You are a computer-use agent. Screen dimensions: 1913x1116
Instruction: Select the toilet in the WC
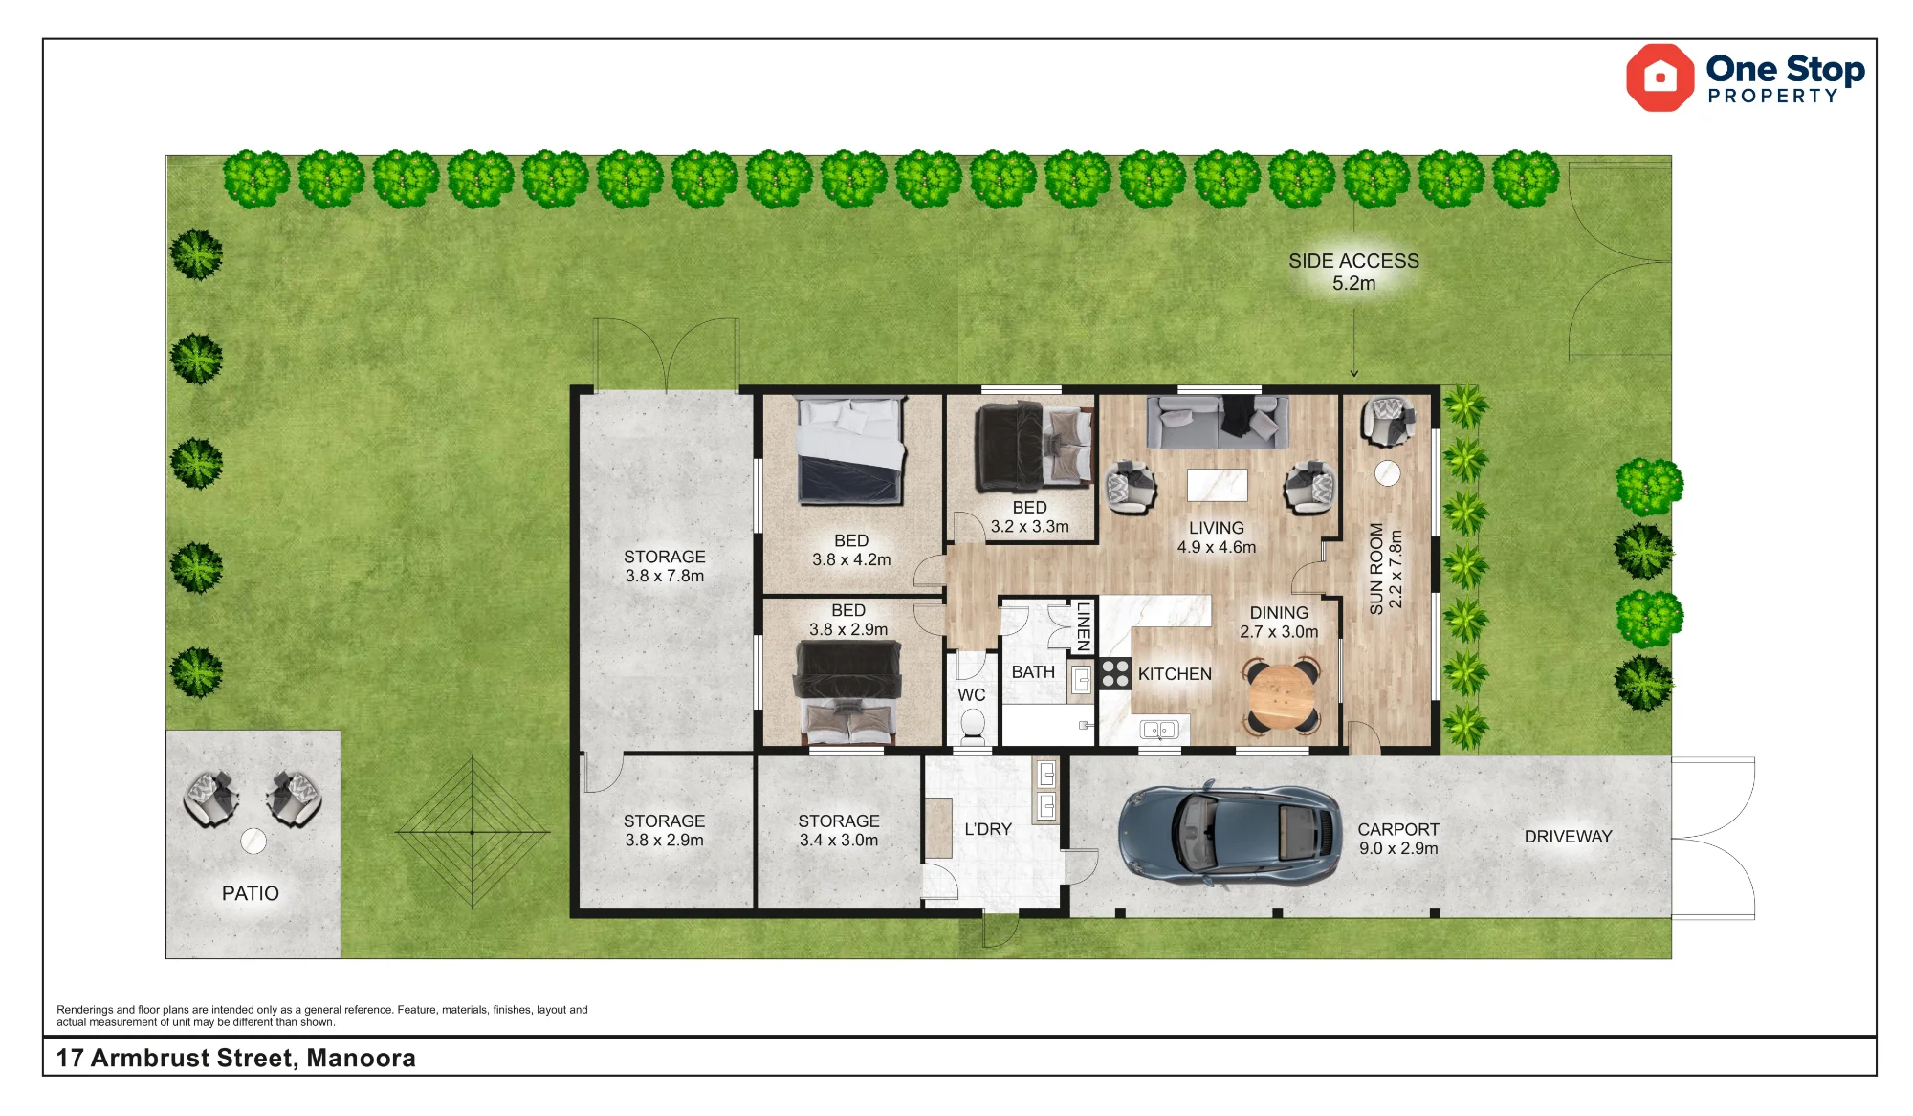973,726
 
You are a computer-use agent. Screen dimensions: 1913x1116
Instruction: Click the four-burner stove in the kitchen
1115,673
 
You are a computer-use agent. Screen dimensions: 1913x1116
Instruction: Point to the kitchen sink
1159,731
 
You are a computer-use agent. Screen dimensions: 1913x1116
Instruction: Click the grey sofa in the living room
1218,422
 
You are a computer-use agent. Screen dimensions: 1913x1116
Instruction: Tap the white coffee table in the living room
1218,485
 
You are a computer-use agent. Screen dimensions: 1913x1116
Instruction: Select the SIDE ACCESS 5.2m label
1353,272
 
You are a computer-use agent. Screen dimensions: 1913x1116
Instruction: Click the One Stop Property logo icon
1660,77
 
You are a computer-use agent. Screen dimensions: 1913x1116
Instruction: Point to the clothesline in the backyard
473,832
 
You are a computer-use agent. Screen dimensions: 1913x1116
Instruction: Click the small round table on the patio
253,841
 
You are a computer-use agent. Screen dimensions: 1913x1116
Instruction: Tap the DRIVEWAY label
1568,837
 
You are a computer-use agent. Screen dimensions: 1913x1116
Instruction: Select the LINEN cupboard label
1084,626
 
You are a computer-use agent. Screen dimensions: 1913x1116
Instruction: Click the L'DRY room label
988,829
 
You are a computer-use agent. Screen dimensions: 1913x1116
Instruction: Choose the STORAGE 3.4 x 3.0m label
839,830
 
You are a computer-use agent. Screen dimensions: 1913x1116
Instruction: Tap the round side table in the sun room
1387,473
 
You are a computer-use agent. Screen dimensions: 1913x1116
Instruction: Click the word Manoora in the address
361,1058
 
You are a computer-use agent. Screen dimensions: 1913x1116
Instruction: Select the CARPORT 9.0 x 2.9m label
1398,839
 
